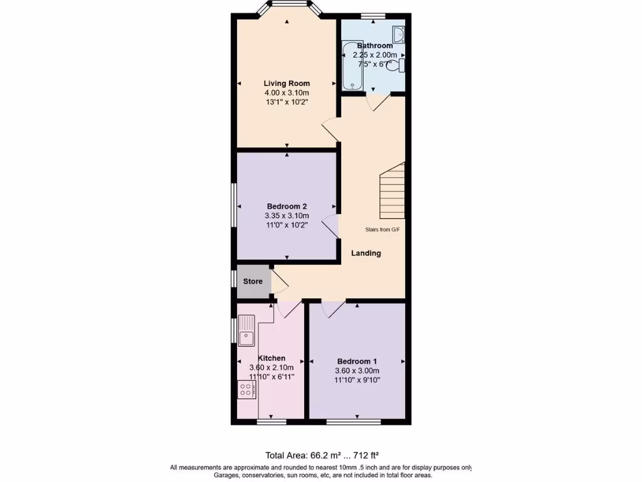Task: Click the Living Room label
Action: [x=287, y=83]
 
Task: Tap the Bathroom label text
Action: [x=374, y=46]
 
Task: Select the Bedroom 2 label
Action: [x=287, y=206]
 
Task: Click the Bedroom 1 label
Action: [x=357, y=361]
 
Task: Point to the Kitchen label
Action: [x=271, y=358]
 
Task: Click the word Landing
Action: [x=366, y=254]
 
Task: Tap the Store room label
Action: [x=253, y=282]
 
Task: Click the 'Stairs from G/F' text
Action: [x=382, y=230]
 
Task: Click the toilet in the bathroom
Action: [x=397, y=65]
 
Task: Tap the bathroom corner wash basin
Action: [x=398, y=35]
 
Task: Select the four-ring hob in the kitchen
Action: [x=246, y=390]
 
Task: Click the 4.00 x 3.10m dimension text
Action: [x=287, y=93]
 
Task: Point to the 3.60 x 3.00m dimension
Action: [x=357, y=371]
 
